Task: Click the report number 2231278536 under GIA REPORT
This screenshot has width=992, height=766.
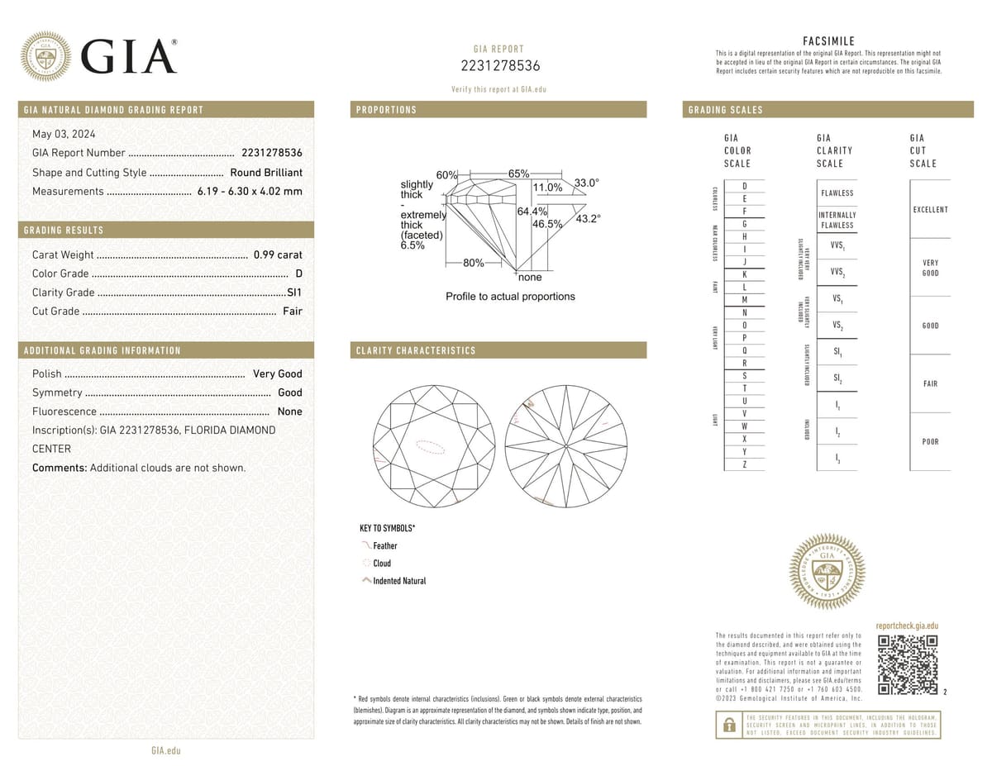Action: point(499,66)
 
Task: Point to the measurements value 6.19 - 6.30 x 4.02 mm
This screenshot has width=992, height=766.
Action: point(250,192)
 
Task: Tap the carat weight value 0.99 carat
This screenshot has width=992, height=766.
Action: point(278,255)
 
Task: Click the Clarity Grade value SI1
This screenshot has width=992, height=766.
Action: point(293,293)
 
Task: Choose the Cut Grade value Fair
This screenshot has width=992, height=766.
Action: point(292,312)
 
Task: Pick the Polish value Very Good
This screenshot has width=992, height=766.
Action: point(278,373)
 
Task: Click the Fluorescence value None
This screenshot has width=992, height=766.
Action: point(289,412)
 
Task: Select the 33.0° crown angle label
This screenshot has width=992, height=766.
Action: point(586,183)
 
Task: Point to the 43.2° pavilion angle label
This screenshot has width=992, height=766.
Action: point(588,218)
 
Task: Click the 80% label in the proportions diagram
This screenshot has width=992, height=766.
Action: point(474,263)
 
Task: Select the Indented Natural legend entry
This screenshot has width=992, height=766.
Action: point(399,581)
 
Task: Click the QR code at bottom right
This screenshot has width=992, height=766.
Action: point(907,665)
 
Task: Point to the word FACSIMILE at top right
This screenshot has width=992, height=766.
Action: point(828,41)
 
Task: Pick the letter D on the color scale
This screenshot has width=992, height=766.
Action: point(745,187)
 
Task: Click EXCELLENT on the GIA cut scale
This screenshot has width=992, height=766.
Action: point(930,210)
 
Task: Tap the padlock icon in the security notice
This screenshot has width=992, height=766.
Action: point(729,725)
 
